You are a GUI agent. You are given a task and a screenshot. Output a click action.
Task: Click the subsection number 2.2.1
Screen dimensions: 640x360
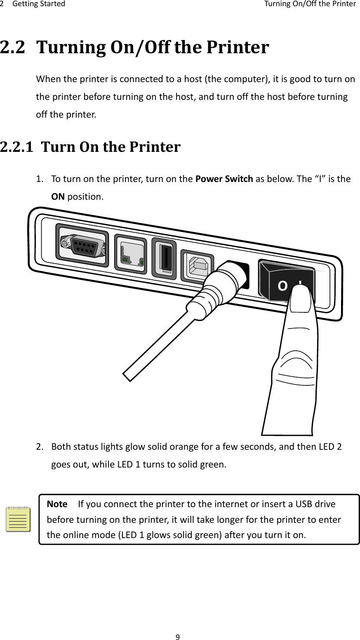click(x=18, y=146)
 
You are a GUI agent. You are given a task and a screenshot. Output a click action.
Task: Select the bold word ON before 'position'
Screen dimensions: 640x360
click(x=57, y=196)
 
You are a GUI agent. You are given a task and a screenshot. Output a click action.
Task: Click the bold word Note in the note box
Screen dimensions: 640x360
click(x=58, y=504)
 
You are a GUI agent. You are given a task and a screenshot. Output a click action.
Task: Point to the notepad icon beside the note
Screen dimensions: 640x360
click(x=19, y=519)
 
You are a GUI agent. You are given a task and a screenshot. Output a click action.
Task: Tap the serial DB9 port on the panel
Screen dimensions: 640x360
click(x=82, y=247)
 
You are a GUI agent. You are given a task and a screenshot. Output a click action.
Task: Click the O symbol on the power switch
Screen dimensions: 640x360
click(x=282, y=286)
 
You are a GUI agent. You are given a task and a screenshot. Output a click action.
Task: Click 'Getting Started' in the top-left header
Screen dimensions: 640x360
click(x=39, y=4)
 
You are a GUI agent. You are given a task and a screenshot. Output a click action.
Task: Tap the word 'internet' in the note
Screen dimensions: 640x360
click(x=213, y=504)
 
